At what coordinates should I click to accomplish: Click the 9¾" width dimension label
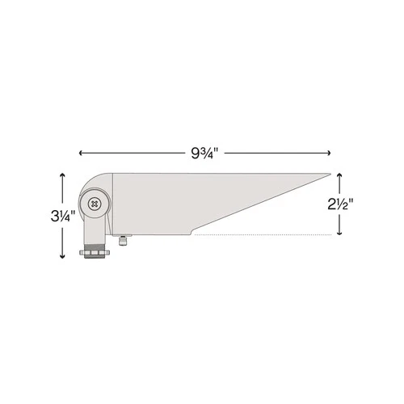[204, 151]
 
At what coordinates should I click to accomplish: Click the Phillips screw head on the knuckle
[96, 204]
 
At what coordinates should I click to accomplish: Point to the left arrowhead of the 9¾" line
[81, 151]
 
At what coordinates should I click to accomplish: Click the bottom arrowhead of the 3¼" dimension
[62, 257]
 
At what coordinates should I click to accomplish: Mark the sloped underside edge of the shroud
[259, 207]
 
